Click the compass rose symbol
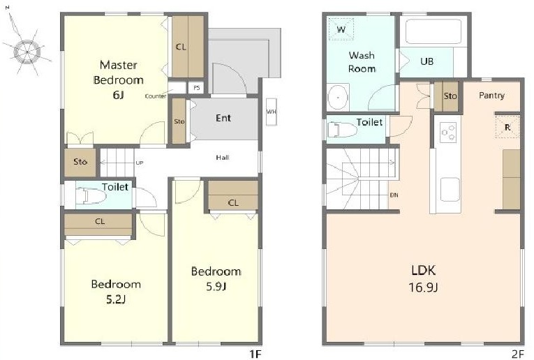(27, 51)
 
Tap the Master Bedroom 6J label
(118, 80)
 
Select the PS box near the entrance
(196, 88)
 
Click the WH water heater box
(271, 112)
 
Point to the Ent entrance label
(223, 118)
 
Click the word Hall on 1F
(223, 158)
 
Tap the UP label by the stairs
(140, 163)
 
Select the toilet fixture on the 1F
(91, 197)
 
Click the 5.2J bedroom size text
(116, 299)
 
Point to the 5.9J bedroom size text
(216, 287)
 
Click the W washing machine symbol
(341, 29)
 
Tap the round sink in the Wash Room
(338, 97)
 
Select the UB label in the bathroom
(427, 61)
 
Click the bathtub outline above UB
(433, 31)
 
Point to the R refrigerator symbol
(507, 127)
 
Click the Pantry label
(491, 96)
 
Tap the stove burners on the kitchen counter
(448, 133)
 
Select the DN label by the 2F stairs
(394, 195)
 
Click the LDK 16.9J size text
(423, 278)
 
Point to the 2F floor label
(518, 354)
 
